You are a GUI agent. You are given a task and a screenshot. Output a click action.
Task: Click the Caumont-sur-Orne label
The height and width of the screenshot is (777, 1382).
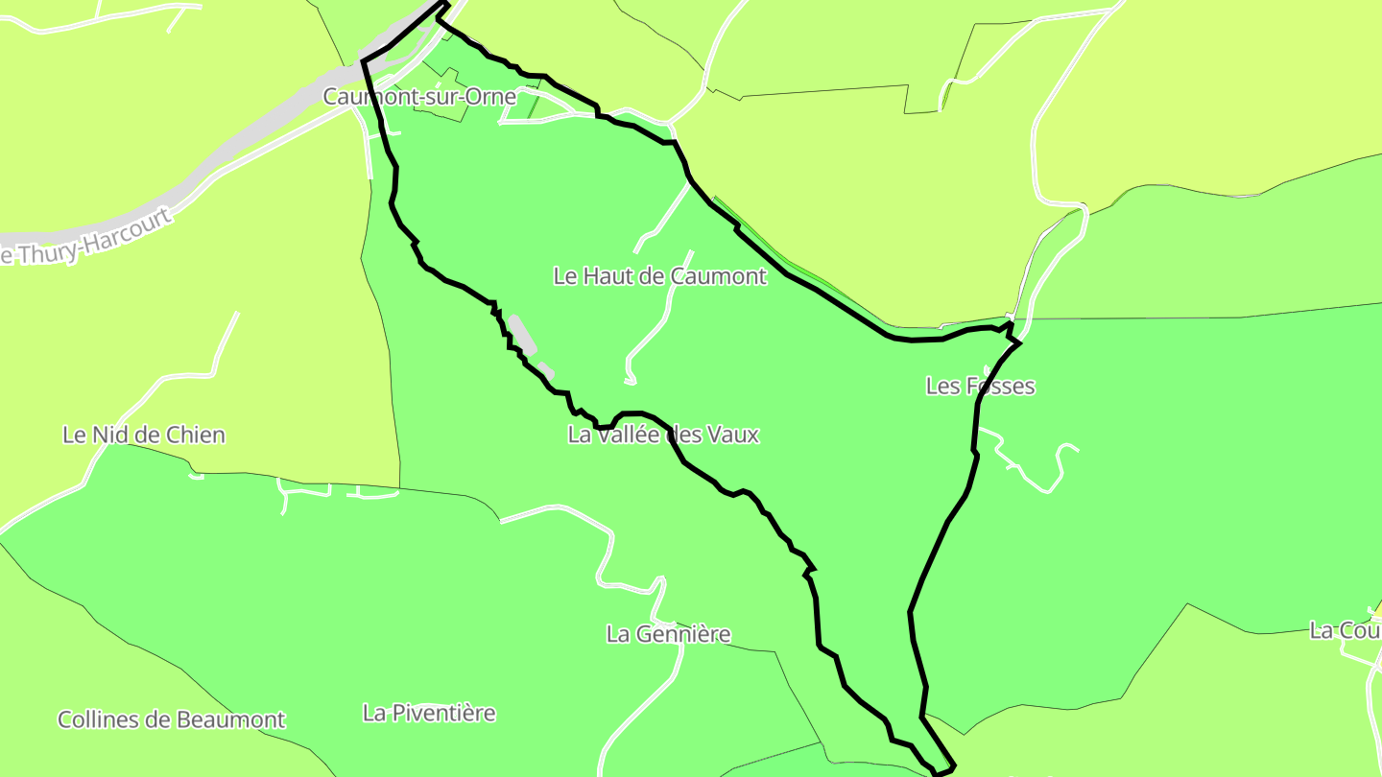[x=419, y=97]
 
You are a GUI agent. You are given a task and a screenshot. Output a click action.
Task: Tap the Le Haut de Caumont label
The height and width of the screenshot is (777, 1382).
[x=660, y=276]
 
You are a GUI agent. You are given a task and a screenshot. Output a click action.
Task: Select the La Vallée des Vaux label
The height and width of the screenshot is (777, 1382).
[x=663, y=435]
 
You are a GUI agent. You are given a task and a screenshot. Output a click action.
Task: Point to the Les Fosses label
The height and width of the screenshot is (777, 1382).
[x=980, y=386]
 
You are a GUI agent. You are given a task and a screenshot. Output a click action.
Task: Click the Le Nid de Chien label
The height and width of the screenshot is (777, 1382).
[x=144, y=435]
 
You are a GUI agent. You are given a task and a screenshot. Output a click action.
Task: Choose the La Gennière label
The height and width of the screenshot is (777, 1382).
[x=668, y=634]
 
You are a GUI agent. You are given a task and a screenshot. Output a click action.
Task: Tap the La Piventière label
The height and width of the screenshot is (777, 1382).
[x=429, y=713]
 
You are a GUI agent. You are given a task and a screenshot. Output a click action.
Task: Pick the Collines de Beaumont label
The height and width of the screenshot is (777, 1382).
[x=172, y=719]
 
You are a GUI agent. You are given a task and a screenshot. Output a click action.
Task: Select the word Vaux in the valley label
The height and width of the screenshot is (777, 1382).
[x=732, y=435]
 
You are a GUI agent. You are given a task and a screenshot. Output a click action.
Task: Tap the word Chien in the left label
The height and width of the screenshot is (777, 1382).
[x=196, y=435]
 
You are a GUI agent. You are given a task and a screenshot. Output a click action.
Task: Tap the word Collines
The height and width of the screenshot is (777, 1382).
[x=96, y=719]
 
